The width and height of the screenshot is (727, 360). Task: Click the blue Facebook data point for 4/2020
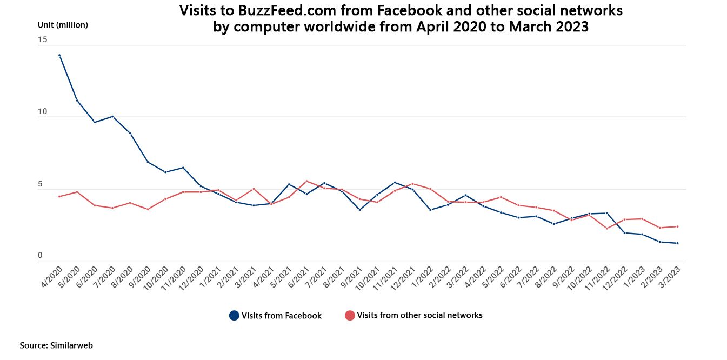pos(59,55)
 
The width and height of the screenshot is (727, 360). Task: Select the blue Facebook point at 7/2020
pos(112,116)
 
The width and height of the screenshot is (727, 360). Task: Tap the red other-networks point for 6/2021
pos(306,181)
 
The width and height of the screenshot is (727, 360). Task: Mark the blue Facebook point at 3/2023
pos(677,243)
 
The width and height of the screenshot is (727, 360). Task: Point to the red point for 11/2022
pos(607,229)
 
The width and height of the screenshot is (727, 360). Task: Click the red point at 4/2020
pos(59,196)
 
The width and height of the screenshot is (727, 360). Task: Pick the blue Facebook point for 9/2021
pos(359,210)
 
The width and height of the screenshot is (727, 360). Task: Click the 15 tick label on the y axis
pos(42,39)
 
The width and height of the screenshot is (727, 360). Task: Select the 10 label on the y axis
pos(42,112)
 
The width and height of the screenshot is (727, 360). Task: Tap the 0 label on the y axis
pos(39,256)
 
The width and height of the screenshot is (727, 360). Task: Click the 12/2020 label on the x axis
pos(192,276)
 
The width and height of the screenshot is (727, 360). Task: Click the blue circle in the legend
pos(234,316)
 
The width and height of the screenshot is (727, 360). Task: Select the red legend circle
pos(350,316)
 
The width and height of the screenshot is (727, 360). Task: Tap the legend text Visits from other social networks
pos(419,315)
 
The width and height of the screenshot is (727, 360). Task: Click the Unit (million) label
pos(63,25)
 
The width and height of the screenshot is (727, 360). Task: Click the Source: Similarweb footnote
pos(52,345)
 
